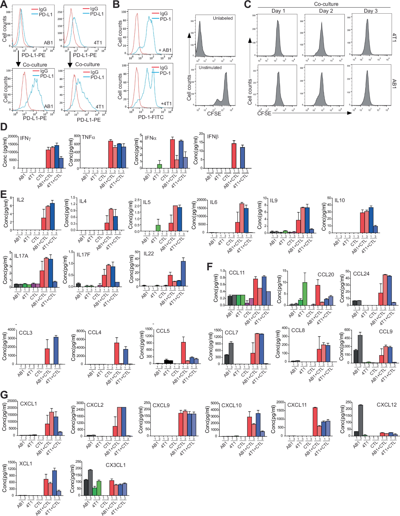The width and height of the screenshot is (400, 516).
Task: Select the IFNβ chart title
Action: [x=212, y=137]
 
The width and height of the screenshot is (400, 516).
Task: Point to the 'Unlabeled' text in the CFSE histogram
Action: [x=223, y=18]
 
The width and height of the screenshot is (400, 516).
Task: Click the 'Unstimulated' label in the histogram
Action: [x=210, y=68]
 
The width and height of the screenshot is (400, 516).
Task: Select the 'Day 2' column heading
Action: [x=326, y=11]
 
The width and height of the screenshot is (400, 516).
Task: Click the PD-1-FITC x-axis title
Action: [x=151, y=117]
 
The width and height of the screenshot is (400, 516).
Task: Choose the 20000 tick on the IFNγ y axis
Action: [x=13, y=137]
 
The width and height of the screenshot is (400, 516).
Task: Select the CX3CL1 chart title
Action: [x=115, y=465]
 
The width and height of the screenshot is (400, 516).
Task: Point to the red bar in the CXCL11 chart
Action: [x=315, y=422]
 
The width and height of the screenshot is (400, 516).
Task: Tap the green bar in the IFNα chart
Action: [x=160, y=166]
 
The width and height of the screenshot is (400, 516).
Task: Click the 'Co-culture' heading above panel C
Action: [x=326, y=4]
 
